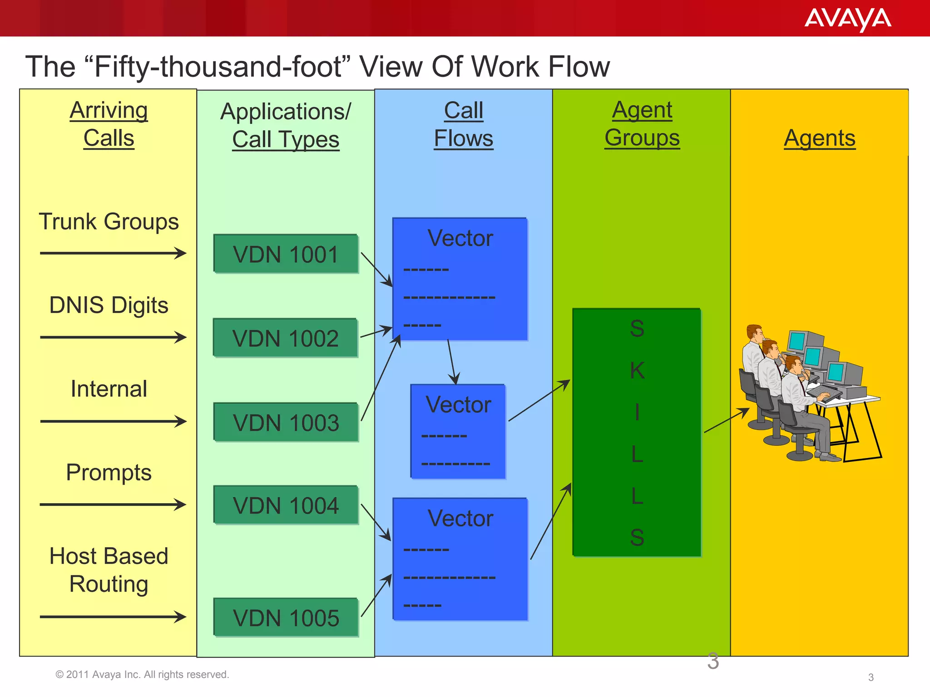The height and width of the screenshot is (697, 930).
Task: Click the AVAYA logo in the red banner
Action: pos(847,20)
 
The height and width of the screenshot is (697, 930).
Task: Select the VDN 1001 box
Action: pos(286,254)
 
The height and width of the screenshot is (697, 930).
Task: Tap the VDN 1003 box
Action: pos(286,422)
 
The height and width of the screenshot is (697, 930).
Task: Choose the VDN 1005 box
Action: pos(286,618)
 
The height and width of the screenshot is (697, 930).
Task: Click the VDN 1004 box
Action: pos(286,506)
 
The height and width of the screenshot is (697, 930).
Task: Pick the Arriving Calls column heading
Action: pos(109,124)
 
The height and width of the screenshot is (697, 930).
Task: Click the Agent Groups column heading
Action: pos(642,124)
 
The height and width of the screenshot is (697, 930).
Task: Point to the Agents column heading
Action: pos(820,138)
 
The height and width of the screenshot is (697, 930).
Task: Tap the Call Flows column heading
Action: pos(463,124)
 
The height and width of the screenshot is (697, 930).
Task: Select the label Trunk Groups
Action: pos(109,221)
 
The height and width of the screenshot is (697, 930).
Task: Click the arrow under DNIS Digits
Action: pos(113,337)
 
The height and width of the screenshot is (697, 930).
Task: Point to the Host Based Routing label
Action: pos(109,569)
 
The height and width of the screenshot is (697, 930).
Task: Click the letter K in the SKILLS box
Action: pos(637,371)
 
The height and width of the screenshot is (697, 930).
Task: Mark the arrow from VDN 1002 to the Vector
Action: pos(376,332)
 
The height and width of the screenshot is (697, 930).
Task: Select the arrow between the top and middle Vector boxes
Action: pos(452,362)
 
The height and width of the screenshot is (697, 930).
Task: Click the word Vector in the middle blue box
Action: pos(458,404)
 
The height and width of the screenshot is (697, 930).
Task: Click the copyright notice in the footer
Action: pos(142,674)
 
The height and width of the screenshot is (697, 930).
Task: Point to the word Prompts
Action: pos(109,472)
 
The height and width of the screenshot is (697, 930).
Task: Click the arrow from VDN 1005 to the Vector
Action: pos(376,595)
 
